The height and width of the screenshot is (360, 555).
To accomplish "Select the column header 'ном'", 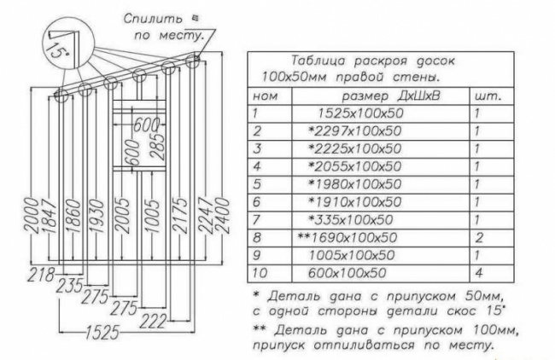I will pyautogui.click(x=267, y=96).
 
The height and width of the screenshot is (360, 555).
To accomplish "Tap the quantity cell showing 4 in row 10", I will pyautogui.click(x=478, y=273).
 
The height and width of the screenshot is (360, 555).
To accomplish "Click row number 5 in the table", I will pyautogui.click(x=254, y=184).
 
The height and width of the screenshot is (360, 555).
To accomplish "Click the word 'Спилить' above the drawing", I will pyautogui.click(x=147, y=18).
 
